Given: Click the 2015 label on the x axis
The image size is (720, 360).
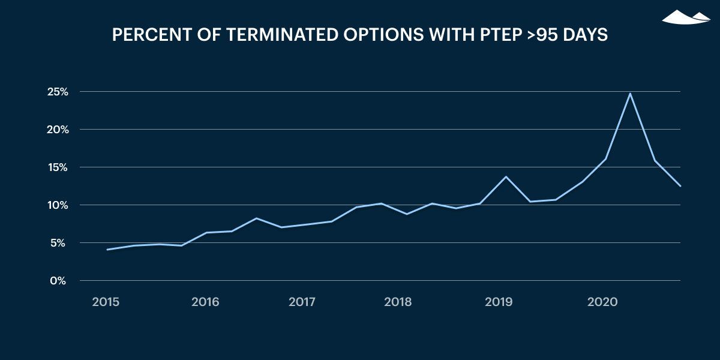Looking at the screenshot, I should click(x=106, y=302).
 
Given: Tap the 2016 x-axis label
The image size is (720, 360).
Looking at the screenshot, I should click(x=205, y=302).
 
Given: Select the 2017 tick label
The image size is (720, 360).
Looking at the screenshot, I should click(x=302, y=302).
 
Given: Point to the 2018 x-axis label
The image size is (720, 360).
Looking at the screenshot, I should click(x=398, y=302).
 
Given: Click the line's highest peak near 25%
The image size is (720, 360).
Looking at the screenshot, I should click(x=630, y=94).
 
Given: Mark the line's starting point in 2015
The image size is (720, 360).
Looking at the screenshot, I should click(x=107, y=250).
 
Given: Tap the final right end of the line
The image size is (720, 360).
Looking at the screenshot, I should click(x=680, y=186).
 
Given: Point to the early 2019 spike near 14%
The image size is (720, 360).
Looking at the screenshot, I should click(x=506, y=176).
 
